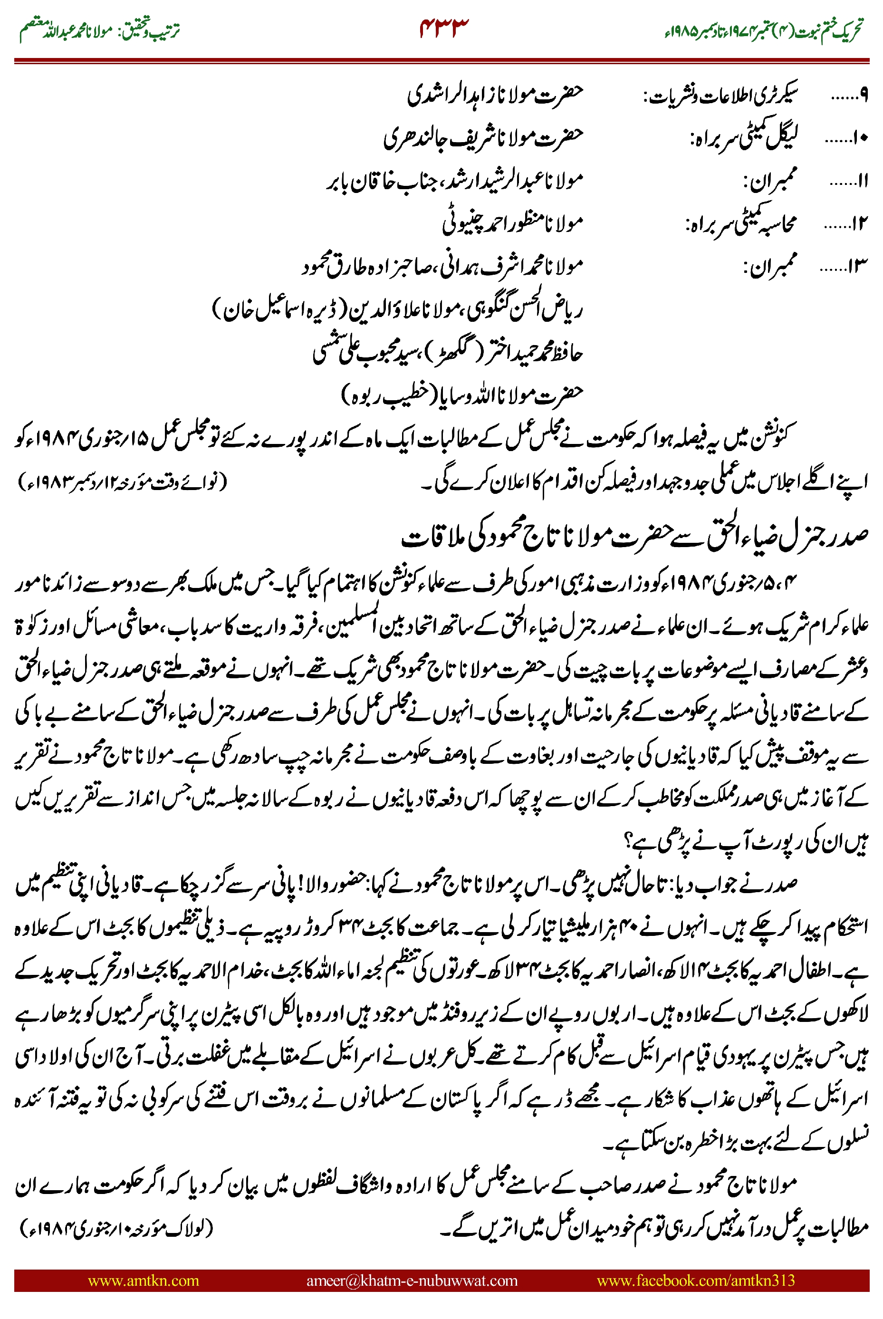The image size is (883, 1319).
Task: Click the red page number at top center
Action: coord(444,28)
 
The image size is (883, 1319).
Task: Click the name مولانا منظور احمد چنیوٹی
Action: coord(512,223)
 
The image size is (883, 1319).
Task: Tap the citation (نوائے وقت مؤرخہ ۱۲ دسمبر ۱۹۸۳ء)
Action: coord(123,482)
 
